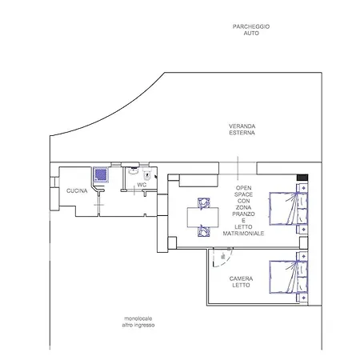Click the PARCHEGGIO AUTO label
pyautogui.click(x=251, y=30)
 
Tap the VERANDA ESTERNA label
pyautogui.click(x=242, y=130)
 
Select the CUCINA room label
pyautogui.click(x=77, y=190)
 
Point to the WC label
pyautogui.click(x=142, y=185)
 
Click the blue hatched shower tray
pyautogui.click(x=101, y=174)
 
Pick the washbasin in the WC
pyautogui.click(x=134, y=170)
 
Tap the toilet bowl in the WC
pyautogui.click(x=147, y=174)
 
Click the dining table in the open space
pyautogui.click(x=203, y=217)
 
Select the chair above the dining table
pyautogui.click(x=204, y=202)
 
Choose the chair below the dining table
pyautogui.click(x=204, y=231)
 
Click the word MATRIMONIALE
pyautogui.click(x=243, y=234)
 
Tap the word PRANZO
pyautogui.click(x=243, y=214)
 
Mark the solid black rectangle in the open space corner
pyautogui.click(x=302, y=178)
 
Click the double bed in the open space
pyautogui.click(x=289, y=209)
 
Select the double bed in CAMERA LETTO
pyautogui.click(x=289, y=277)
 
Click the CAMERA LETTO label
pyautogui.click(x=241, y=282)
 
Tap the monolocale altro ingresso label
pyautogui.click(x=138, y=322)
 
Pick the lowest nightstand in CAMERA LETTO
pyautogui.click(x=303, y=298)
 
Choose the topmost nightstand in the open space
pyautogui.click(x=303, y=188)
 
